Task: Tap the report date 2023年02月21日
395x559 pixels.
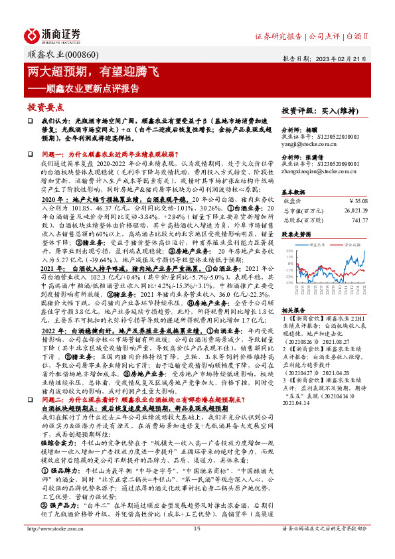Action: tap(345, 58)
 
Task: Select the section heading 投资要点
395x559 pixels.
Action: tap(46, 106)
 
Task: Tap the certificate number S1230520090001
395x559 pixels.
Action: tap(333, 164)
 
